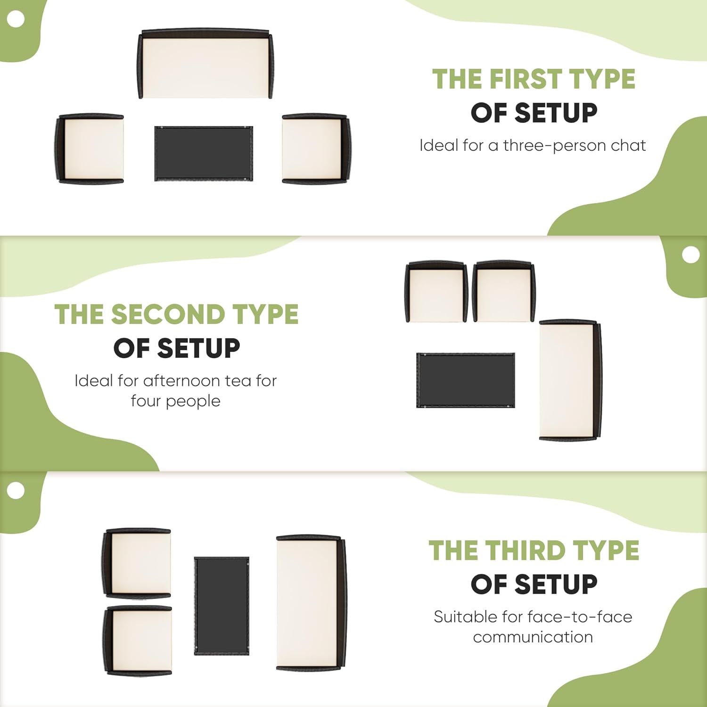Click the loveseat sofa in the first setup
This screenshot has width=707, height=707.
point(206,64)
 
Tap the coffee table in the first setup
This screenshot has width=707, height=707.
point(204,153)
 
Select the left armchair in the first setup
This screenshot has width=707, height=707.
point(90,148)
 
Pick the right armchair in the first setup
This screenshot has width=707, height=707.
point(316,148)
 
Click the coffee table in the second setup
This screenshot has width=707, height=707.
point(466,380)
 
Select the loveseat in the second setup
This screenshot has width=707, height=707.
point(570,380)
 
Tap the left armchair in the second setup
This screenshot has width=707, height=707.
point(436,291)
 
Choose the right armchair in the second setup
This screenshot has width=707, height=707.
point(504,291)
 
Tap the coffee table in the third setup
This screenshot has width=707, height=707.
point(222,606)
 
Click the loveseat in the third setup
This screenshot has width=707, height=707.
point(311,603)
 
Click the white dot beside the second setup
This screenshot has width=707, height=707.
point(691,255)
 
